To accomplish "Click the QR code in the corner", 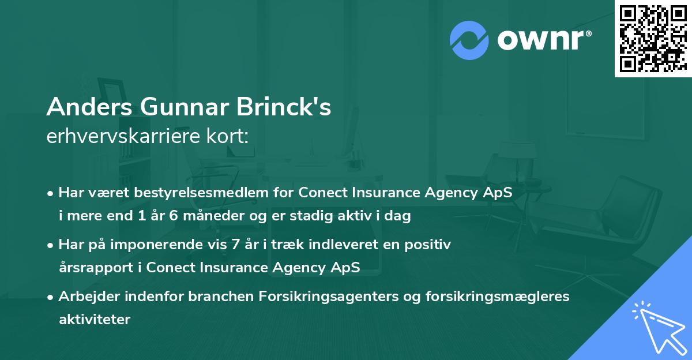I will [x=653, y=39].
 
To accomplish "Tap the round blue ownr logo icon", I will [x=469, y=40].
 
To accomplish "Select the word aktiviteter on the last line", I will [x=95, y=319].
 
